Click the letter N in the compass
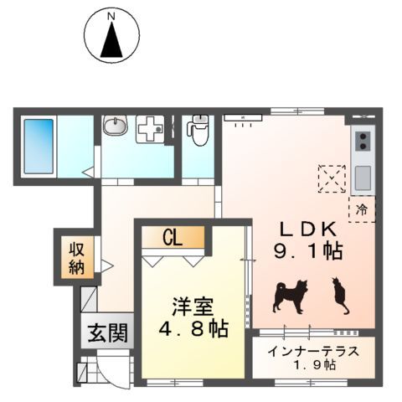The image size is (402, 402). click(x=111, y=15)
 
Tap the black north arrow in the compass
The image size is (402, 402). click(x=111, y=43)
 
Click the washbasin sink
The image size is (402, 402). click(x=115, y=127)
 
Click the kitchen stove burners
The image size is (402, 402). click(x=363, y=143)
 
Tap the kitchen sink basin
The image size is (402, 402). click(x=363, y=178)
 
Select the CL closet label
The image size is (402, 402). click(x=173, y=238)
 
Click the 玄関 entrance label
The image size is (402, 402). click(x=107, y=334)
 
